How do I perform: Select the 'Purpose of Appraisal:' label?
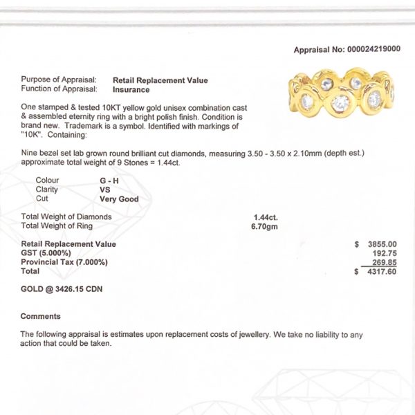[x=63, y=80]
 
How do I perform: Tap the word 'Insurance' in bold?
[x=131, y=89]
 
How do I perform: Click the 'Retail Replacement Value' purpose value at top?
[x=160, y=80]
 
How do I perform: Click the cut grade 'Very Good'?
[x=119, y=199]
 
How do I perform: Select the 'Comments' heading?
[x=40, y=316]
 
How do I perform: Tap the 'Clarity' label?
[x=47, y=189]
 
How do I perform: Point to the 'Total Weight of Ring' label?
[x=60, y=225]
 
